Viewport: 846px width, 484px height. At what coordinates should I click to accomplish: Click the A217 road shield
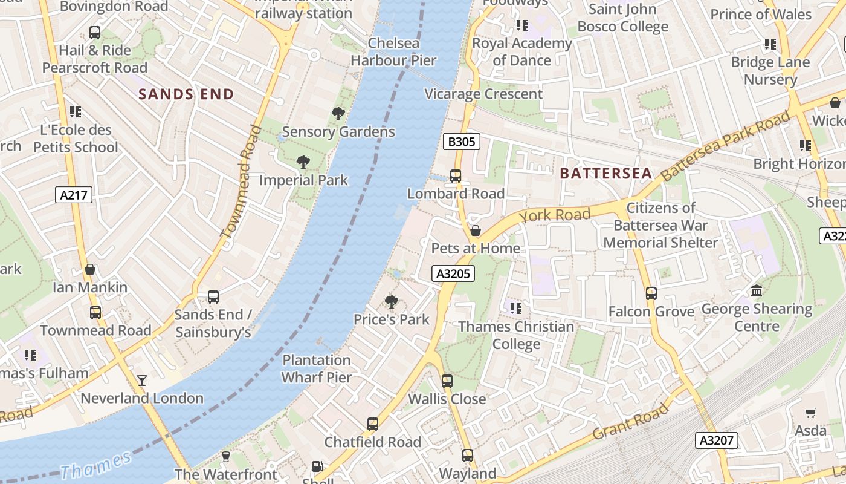coord(75,195)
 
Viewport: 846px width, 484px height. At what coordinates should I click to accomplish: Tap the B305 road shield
coord(462,142)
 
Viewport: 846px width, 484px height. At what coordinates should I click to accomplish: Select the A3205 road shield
coord(453,273)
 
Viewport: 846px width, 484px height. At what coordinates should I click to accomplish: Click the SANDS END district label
coord(186,94)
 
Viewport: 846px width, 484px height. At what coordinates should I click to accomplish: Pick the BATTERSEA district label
coord(605,174)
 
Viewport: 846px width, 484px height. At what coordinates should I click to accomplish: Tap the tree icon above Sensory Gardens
coord(338,114)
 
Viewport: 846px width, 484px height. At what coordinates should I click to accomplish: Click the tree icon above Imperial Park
coord(303,162)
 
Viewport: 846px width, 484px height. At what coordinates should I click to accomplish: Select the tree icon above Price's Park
coord(392,301)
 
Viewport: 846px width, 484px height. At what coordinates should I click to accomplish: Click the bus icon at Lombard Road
coord(456,176)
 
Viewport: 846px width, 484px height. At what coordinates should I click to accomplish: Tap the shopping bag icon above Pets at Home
coord(476,231)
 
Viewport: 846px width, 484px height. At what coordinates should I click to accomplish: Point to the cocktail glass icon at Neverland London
coord(142,380)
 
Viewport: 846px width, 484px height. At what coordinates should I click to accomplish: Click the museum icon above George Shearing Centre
coord(757,291)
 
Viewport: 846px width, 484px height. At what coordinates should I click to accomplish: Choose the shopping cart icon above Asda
coord(810,413)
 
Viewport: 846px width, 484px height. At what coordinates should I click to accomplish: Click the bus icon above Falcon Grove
coord(651,293)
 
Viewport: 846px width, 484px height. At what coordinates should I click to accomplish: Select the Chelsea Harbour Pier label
coord(393,51)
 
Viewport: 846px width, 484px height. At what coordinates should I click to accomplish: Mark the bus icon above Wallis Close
coord(447,381)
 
